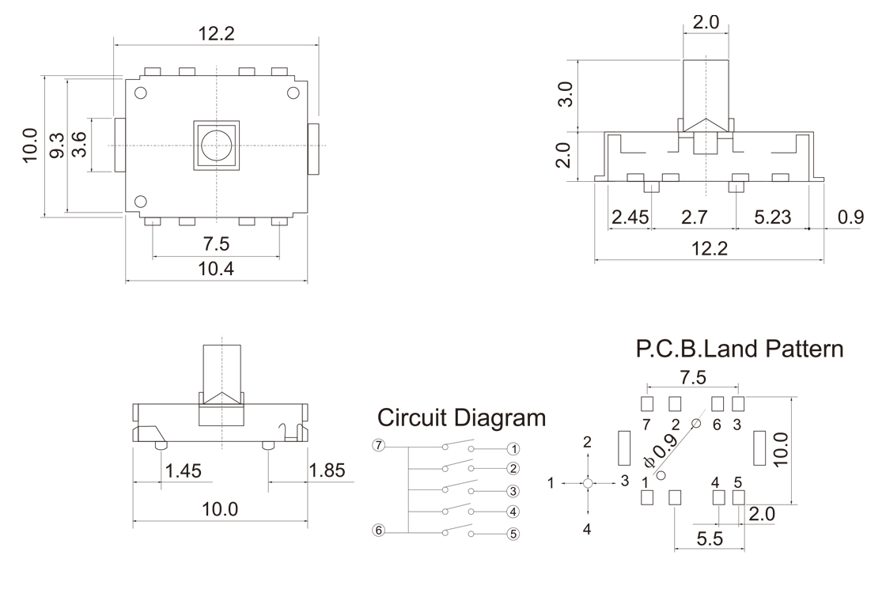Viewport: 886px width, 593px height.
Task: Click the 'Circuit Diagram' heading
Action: [x=461, y=417]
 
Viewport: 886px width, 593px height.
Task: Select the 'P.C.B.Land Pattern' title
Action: [x=740, y=349]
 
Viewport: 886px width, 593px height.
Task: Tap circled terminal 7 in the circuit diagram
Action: [x=379, y=445]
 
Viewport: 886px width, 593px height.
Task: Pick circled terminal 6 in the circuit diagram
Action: [x=379, y=530]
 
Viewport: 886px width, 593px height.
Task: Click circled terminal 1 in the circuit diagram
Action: [x=513, y=448]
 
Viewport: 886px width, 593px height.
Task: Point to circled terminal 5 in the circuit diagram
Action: [x=513, y=534]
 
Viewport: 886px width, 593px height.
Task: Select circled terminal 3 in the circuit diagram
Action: [x=513, y=491]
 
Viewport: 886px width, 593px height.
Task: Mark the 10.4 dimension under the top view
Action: [x=216, y=269]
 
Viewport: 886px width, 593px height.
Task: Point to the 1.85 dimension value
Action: [x=327, y=471]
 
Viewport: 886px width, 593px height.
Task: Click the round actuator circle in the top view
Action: [x=216, y=145]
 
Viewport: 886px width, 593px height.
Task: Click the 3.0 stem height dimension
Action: [x=564, y=94]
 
